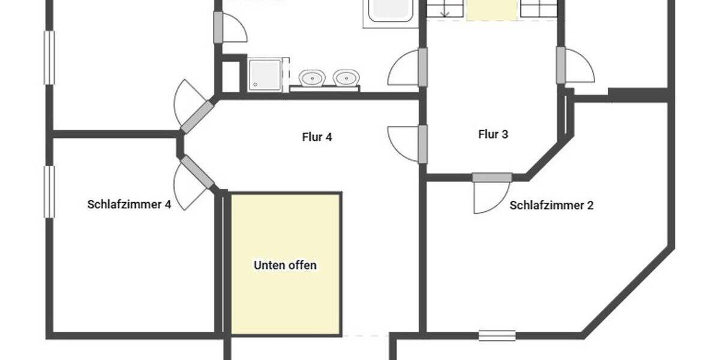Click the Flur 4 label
(x=317, y=137)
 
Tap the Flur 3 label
(x=493, y=134)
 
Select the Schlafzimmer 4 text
(x=129, y=205)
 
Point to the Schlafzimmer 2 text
(x=551, y=205)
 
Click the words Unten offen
(x=285, y=265)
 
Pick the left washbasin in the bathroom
(x=312, y=78)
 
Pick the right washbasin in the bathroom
(x=346, y=77)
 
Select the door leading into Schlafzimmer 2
(x=492, y=178)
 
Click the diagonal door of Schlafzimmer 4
(x=197, y=172)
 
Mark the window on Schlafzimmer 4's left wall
(x=49, y=192)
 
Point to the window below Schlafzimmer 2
(x=497, y=335)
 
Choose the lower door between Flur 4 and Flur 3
(x=422, y=144)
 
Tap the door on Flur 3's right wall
(x=561, y=65)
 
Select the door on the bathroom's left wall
(x=218, y=28)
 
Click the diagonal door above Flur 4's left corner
(x=197, y=116)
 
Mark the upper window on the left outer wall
(x=49, y=58)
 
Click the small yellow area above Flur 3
(x=491, y=10)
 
